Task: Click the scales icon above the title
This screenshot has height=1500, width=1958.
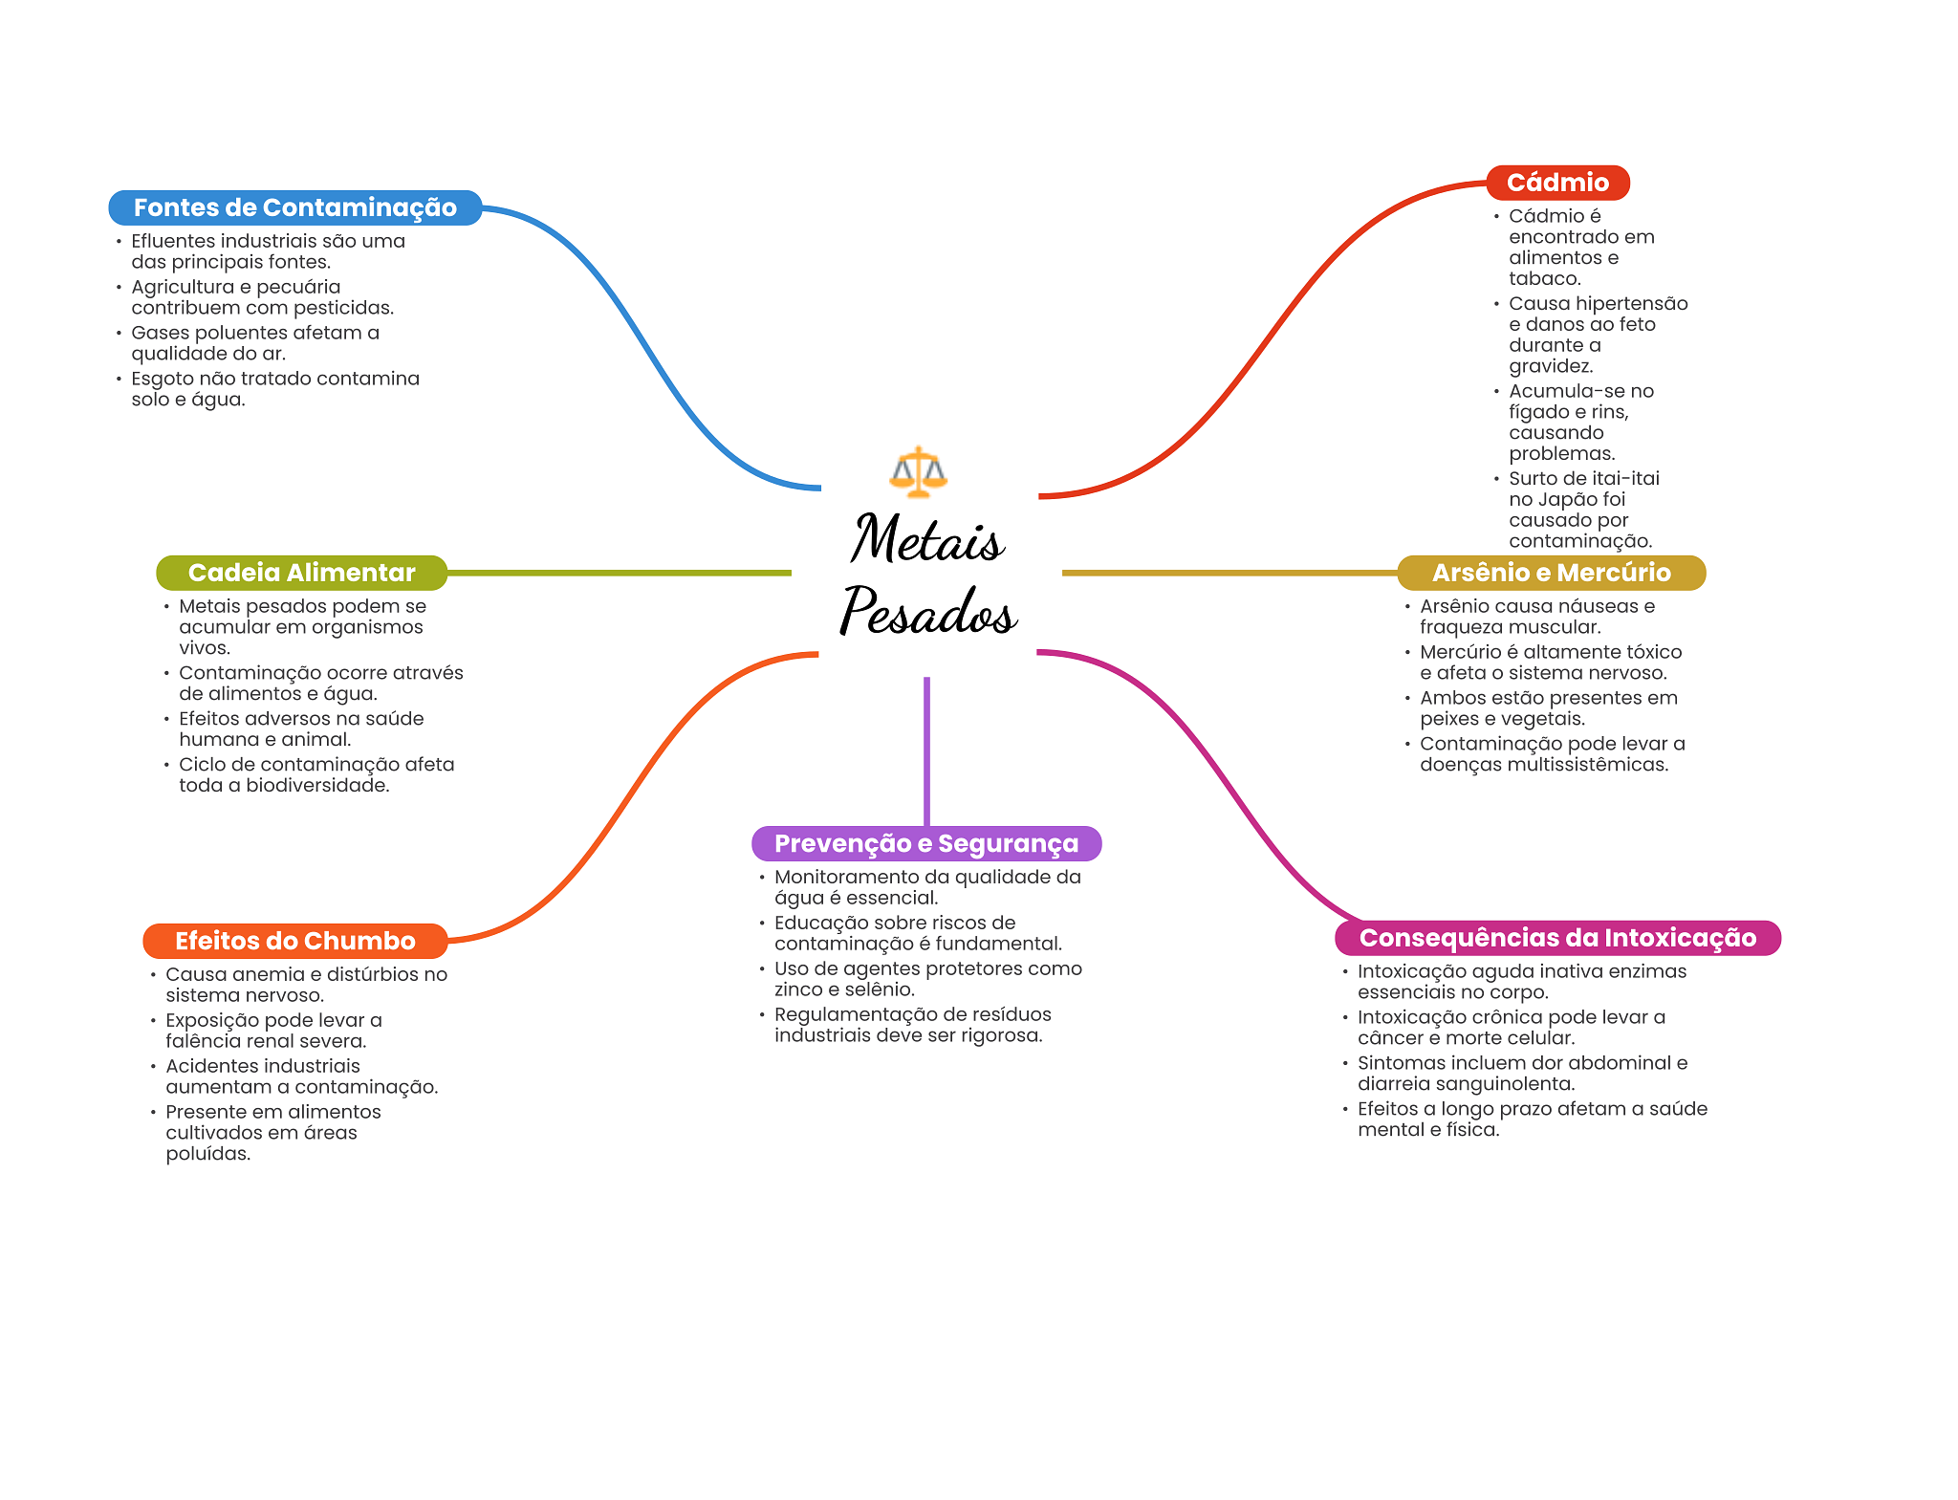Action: click(x=918, y=471)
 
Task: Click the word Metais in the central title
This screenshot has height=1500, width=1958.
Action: click(x=926, y=540)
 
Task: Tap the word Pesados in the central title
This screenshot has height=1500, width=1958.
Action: click(x=927, y=612)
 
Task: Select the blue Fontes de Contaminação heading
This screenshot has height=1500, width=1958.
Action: click(x=294, y=207)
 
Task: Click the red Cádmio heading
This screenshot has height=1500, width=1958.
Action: click(x=1556, y=183)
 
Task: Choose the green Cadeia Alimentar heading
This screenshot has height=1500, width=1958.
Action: click(x=301, y=573)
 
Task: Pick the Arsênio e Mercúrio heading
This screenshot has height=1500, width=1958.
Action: click(x=1551, y=573)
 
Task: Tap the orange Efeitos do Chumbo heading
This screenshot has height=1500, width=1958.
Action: click(x=294, y=941)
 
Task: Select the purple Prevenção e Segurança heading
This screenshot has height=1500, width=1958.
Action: click(x=925, y=843)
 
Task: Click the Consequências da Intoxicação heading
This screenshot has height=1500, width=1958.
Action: click(x=1556, y=938)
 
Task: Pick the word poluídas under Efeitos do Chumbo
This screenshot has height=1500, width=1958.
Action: click(x=207, y=1154)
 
